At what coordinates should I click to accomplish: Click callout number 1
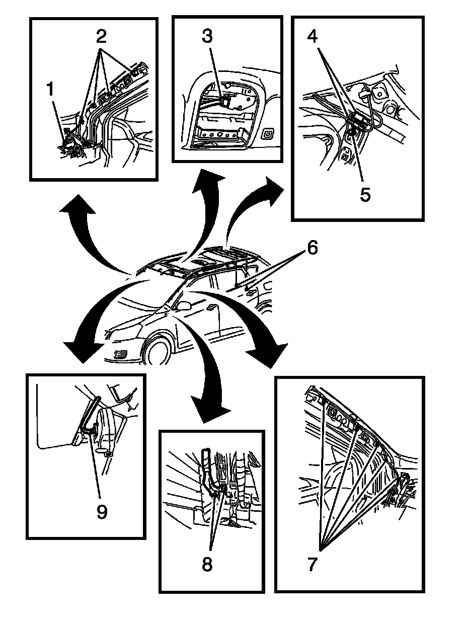pos(50,91)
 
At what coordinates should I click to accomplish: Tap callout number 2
pos(102,37)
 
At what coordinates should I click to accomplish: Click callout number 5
pos(365,193)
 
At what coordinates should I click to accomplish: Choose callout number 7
pos(312,564)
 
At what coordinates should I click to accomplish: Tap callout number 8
pos(207,564)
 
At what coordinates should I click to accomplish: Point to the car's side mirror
pos(184,305)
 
